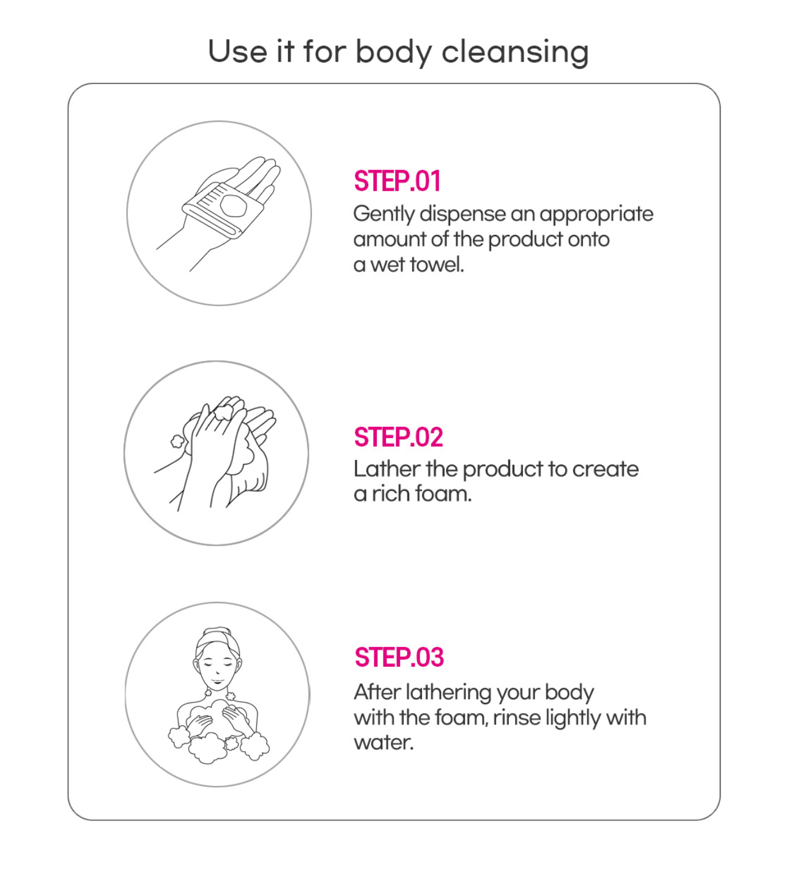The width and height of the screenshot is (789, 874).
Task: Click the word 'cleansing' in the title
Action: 515,53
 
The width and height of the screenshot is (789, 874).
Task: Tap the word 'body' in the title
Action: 393,53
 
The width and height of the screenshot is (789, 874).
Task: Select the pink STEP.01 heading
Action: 397,181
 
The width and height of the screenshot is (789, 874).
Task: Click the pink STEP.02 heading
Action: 398,437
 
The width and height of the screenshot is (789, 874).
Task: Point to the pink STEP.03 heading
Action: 399,657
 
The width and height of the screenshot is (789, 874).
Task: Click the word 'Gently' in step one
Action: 383,215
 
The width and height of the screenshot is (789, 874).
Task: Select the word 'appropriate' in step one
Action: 596,215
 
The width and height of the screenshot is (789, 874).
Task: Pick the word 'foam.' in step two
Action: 443,494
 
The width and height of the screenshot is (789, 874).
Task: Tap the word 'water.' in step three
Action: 383,743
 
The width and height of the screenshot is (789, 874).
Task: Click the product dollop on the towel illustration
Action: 234,206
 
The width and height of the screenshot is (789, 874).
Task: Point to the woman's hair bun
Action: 218,632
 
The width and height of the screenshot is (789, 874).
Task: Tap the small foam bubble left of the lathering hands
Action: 177,442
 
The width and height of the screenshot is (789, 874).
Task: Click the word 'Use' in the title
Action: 237,51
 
